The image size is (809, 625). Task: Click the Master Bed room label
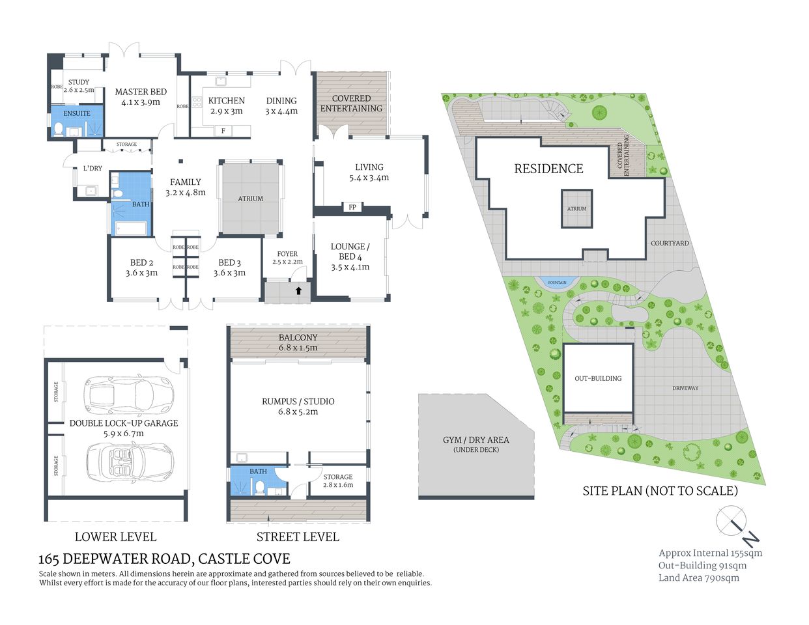(141, 92)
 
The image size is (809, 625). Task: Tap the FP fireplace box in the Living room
(352, 207)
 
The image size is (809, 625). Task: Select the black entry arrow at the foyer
(298, 290)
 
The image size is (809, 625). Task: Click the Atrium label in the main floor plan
(250, 199)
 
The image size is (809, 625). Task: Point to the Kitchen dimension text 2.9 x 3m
(226, 111)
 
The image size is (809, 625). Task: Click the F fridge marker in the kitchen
(223, 131)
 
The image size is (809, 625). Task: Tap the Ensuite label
(77, 113)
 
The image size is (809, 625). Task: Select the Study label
(79, 83)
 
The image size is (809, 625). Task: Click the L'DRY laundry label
(92, 169)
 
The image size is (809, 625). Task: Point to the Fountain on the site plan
(557, 283)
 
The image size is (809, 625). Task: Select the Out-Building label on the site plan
(597, 378)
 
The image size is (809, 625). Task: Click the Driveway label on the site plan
(685, 388)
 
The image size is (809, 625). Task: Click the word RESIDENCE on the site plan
(548, 169)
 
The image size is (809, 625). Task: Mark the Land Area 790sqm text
(698, 577)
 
